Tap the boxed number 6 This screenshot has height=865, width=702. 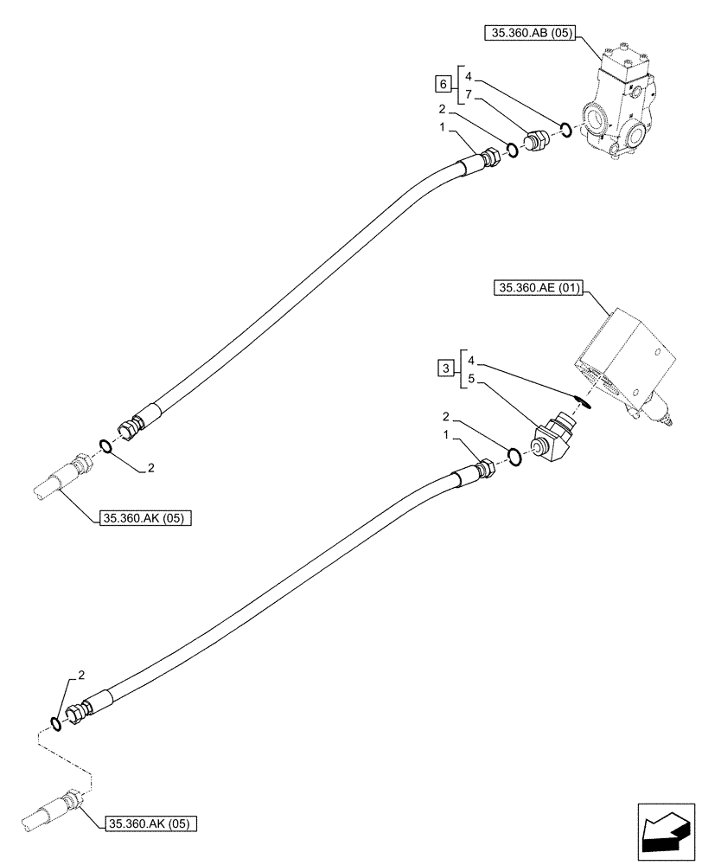(x=444, y=84)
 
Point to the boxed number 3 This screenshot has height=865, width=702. (x=444, y=369)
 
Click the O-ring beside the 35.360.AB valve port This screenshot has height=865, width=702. (x=565, y=131)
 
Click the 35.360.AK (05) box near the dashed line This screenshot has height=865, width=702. (x=150, y=823)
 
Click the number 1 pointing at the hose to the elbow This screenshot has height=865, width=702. (x=447, y=439)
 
